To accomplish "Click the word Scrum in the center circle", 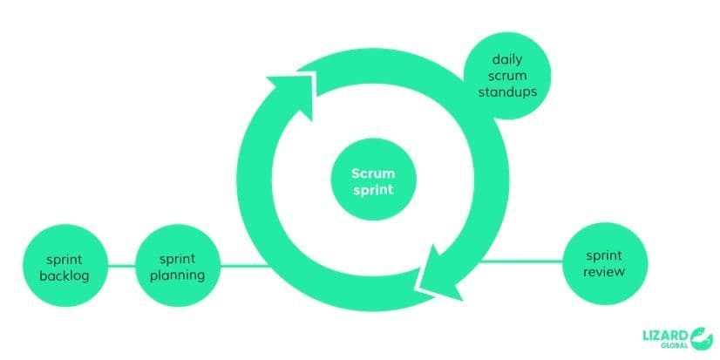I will (x=372, y=173).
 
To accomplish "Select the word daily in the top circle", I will (x=507, y=59).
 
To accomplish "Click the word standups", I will (x=507, y=92).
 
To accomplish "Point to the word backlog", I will (x=65, y=275).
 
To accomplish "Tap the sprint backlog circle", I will (x=65, y=266).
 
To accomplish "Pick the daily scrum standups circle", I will (x=507, y=76).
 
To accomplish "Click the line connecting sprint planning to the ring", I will (x=244, y=265).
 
